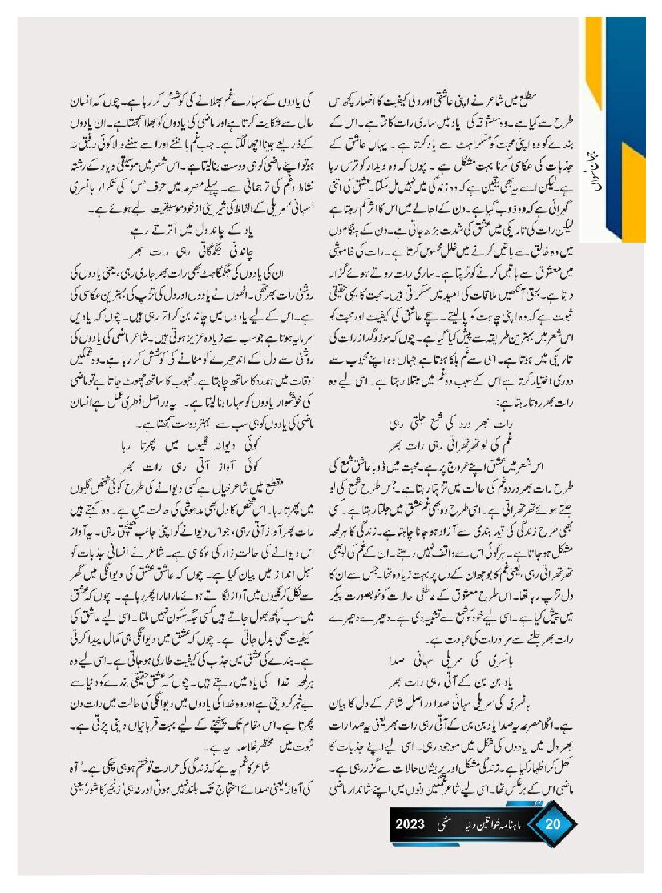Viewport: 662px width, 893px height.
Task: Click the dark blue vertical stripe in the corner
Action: pos(629,120)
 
